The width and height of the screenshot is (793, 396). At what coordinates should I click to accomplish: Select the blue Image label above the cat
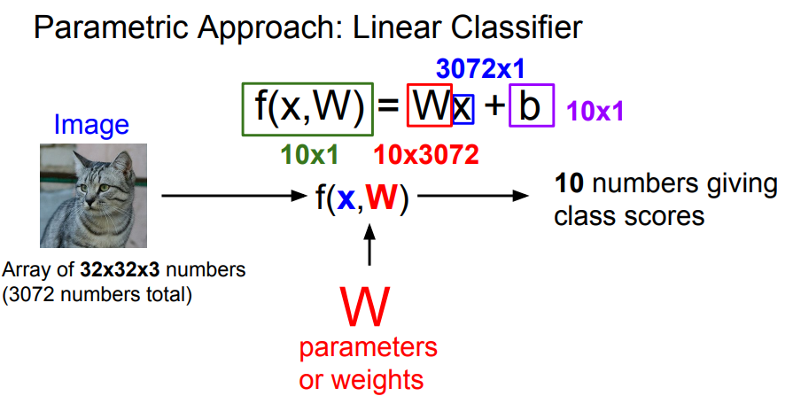[x=91, y=125]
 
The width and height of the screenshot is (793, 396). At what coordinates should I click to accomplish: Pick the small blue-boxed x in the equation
[x=463, y=108]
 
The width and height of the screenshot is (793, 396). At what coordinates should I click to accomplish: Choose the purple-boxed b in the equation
[x=531, y=107]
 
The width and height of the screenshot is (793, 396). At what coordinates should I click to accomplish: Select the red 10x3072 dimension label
[x=426, y=155]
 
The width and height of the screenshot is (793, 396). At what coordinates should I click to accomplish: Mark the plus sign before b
[x=493, y=108]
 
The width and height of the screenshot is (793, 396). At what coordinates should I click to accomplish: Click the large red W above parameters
[x=365, y=304]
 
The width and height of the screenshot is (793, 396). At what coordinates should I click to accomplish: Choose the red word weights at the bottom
[x=382, y=380]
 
